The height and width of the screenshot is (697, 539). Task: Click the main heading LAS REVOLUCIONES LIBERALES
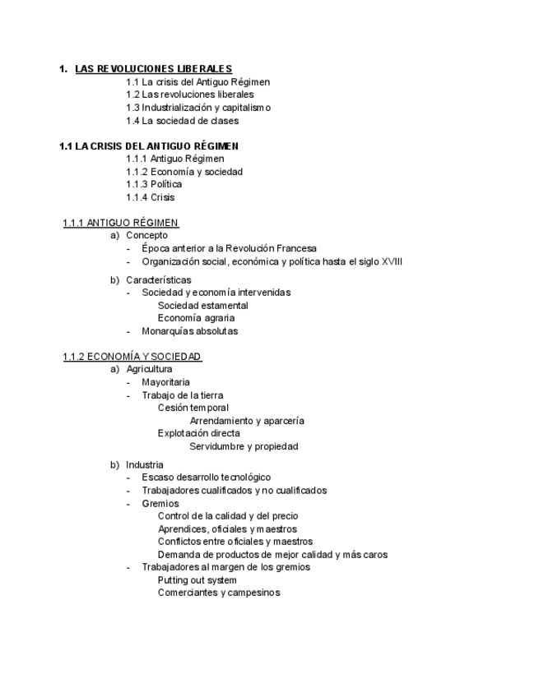(x=153, y=68)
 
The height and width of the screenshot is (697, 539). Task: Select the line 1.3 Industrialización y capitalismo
(x=198, y=108)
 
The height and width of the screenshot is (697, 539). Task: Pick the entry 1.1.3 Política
(x=154, y=184)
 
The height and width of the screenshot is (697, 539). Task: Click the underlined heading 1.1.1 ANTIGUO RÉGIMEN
(x=121, y=223)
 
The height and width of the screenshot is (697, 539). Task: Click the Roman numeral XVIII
(x=393, y=261)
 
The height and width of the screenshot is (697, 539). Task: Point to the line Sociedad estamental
(x=203, y=306)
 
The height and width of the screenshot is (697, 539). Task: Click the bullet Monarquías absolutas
(x=189, y=331)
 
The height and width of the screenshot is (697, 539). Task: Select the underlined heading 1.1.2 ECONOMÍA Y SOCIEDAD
(x=132, y=357)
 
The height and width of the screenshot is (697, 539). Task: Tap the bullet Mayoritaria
(x=165, y=382)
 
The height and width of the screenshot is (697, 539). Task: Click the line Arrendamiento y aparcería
(x=247, y=421)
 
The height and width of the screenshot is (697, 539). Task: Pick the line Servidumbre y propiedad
(x=244, y=446)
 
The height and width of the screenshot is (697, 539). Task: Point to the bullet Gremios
(x=160, y=503)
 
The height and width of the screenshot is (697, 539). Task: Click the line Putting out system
(x=197, y=579)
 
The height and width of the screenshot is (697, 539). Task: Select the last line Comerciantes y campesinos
(x=219, y=593)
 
